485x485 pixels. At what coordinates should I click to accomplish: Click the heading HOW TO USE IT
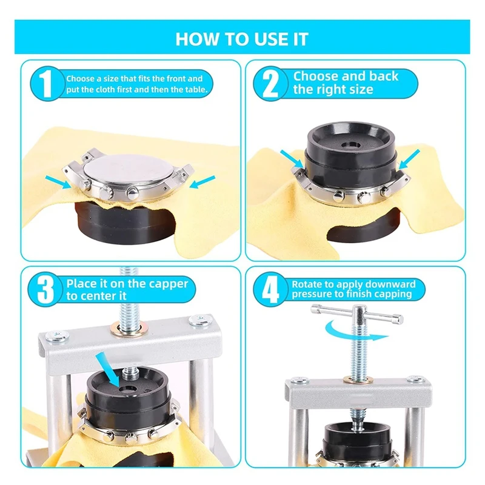242,39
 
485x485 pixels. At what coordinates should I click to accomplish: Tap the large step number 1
47,83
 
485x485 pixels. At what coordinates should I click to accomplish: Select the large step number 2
270,83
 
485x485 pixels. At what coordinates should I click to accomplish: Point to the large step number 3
45,290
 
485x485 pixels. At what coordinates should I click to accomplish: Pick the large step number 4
270,290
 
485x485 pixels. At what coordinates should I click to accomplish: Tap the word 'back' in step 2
384,76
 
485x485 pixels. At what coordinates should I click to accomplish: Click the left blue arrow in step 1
58,182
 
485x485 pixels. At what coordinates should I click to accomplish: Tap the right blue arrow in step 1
202,182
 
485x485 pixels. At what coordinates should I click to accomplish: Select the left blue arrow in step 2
292,159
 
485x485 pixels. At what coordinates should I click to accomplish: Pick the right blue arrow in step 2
408,159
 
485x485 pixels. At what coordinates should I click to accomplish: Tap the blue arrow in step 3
108,369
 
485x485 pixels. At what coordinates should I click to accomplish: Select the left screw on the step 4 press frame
299,381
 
